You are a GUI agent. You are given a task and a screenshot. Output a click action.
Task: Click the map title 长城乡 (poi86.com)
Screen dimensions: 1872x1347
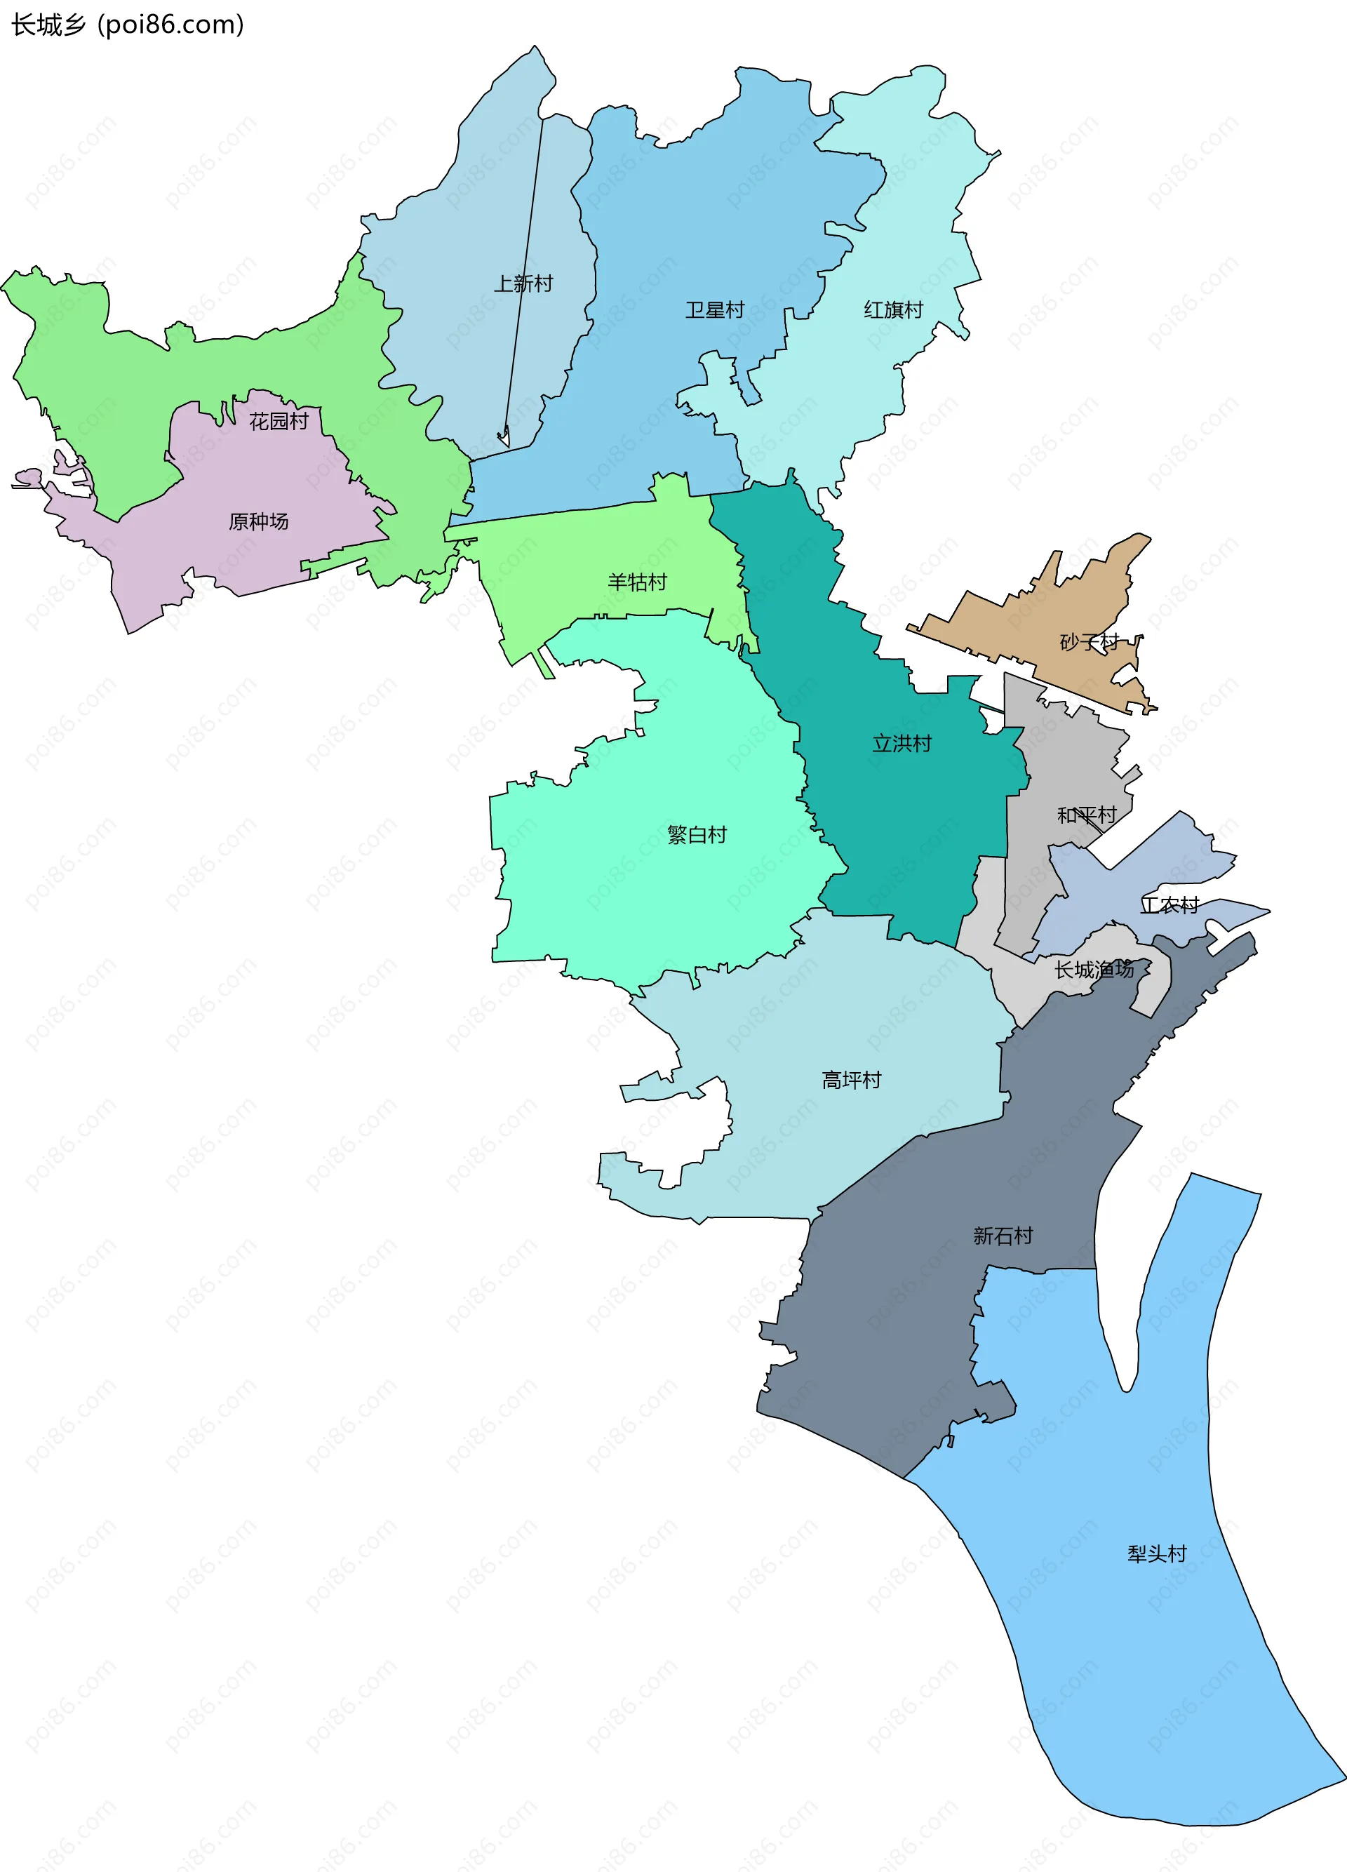click(128, 25)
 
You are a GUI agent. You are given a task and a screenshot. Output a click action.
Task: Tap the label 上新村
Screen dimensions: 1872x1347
click(523, 284)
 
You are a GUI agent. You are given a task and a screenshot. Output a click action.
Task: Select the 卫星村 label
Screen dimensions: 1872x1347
click(715, 310)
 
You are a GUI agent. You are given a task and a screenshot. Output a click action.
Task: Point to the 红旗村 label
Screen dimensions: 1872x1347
click(893, 310)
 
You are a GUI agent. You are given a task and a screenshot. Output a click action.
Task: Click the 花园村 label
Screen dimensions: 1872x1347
click(279, 422)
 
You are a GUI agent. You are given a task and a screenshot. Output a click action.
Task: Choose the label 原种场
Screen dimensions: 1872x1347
click(258, 521)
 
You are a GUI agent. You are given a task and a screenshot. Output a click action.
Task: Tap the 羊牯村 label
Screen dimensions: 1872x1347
click(637, 582)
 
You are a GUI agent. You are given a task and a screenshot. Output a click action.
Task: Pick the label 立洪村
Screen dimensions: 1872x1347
click(902, 744)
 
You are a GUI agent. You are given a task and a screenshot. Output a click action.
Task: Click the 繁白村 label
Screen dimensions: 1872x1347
click(697, 834)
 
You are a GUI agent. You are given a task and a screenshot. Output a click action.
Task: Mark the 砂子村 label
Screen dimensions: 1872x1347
click(1090, 641)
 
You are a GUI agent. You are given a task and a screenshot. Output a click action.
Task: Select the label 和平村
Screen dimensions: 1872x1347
click(1087, 815)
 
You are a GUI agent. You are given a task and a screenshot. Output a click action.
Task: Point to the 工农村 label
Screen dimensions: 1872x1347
click(1170, 905)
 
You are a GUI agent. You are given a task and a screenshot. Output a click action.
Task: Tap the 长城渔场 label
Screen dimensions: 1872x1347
click(1094, 970)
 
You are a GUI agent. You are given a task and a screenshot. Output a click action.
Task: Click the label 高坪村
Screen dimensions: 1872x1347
click(852, 1080)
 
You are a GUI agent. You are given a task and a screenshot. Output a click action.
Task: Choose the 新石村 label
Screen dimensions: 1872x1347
click(1003, 1236)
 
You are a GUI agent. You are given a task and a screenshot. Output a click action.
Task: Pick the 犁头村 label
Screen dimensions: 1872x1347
click(1157, 1554)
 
